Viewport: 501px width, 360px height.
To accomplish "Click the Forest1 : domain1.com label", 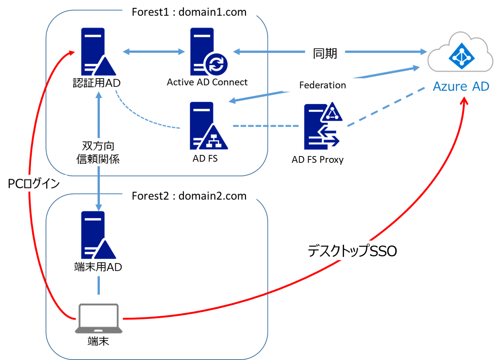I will pos(189,12).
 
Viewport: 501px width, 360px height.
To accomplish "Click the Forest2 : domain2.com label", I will pos(189,196).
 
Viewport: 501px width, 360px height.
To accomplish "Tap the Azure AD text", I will pos(461,87).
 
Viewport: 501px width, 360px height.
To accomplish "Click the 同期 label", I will pos(325,53).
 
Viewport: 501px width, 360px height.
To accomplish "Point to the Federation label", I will pos(322,85).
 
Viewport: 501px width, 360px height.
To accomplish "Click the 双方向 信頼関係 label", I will pos(98,152).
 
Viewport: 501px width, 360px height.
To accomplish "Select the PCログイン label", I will pos(34,184).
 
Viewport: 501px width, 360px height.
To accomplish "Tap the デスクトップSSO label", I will pos(352,251).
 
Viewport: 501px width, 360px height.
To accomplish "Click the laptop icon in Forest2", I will pos(99,319).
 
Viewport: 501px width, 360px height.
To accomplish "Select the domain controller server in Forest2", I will pos(98,235).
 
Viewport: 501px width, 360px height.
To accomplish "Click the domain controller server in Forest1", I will pos(98,52).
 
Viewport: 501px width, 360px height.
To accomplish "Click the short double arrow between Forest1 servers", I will pos(154,52).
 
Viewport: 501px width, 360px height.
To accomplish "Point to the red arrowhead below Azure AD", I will pos(465,101).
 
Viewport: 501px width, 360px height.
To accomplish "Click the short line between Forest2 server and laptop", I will pos(99,285).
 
